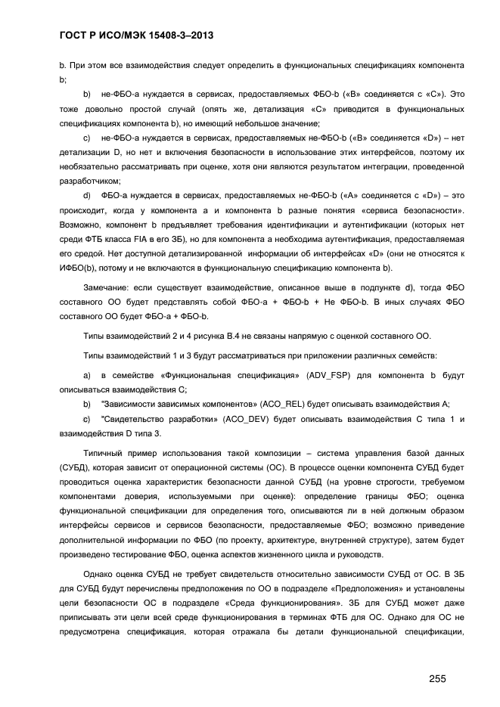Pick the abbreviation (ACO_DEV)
point(266,419)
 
